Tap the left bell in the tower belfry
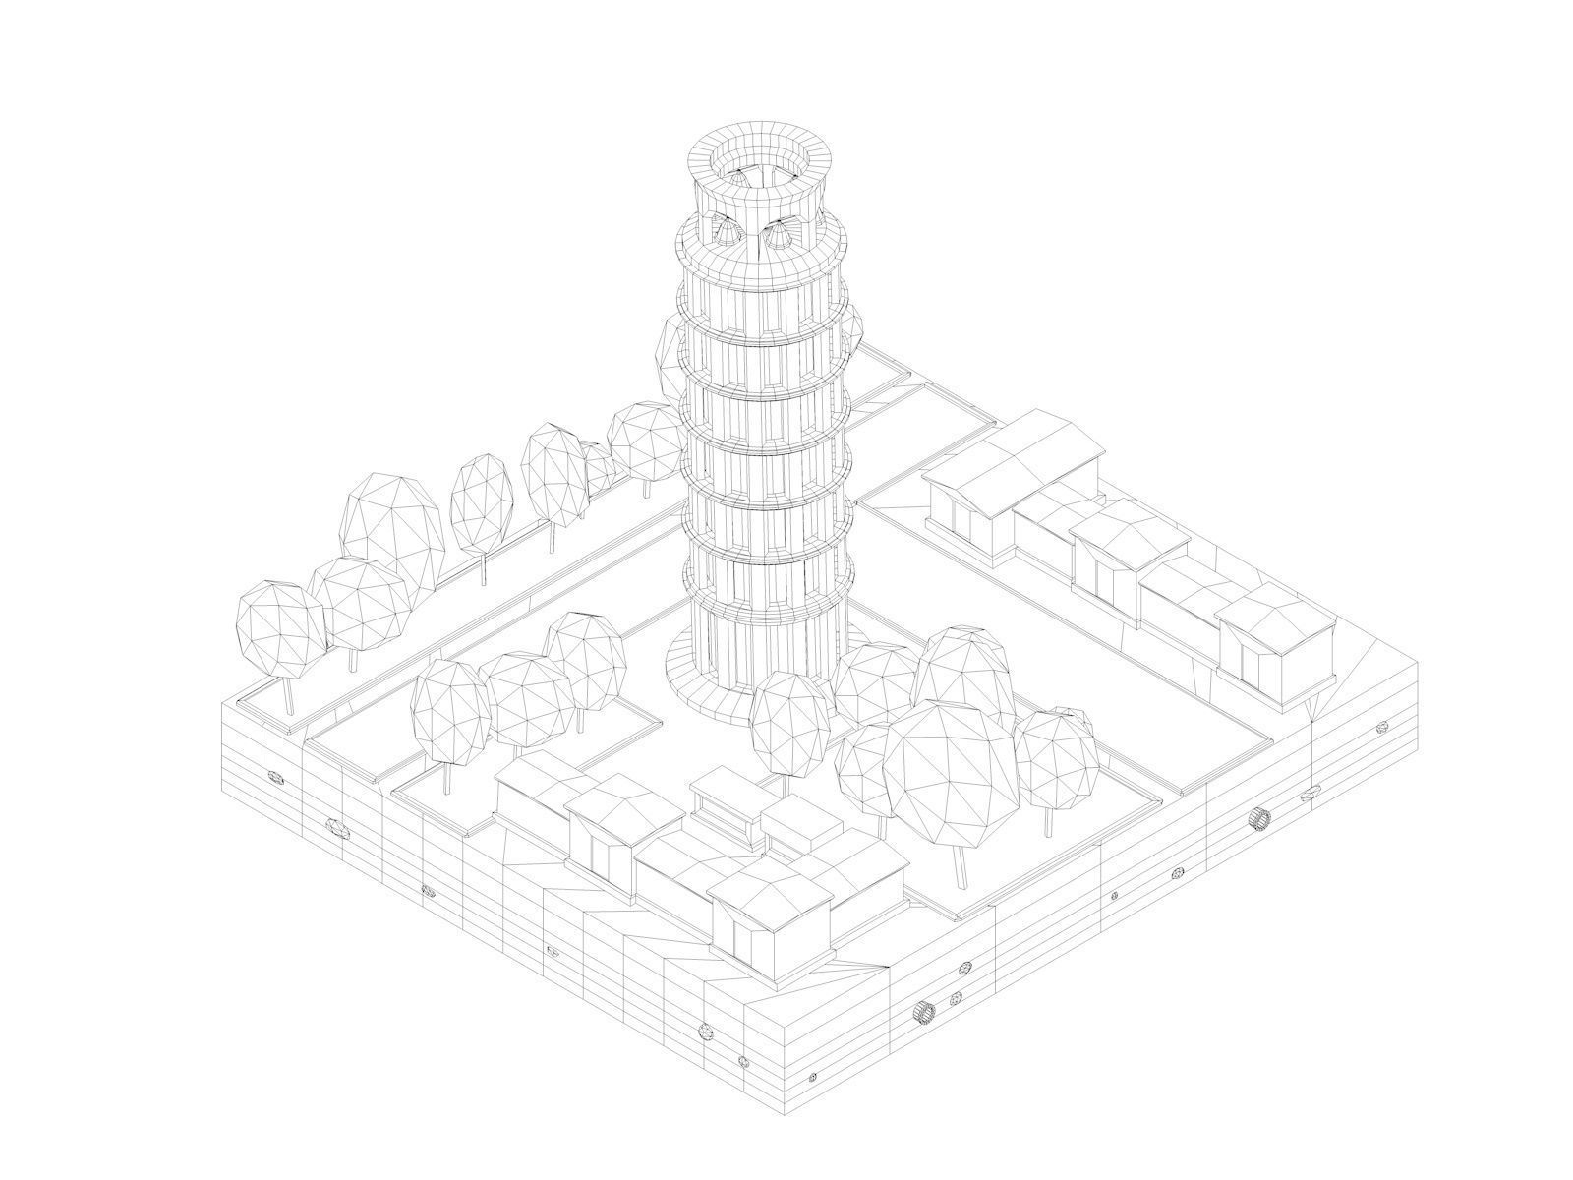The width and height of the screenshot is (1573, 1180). (726, 232)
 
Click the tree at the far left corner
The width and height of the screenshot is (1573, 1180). (282, 629)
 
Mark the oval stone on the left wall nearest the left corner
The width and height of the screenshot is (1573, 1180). (274, 777)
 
